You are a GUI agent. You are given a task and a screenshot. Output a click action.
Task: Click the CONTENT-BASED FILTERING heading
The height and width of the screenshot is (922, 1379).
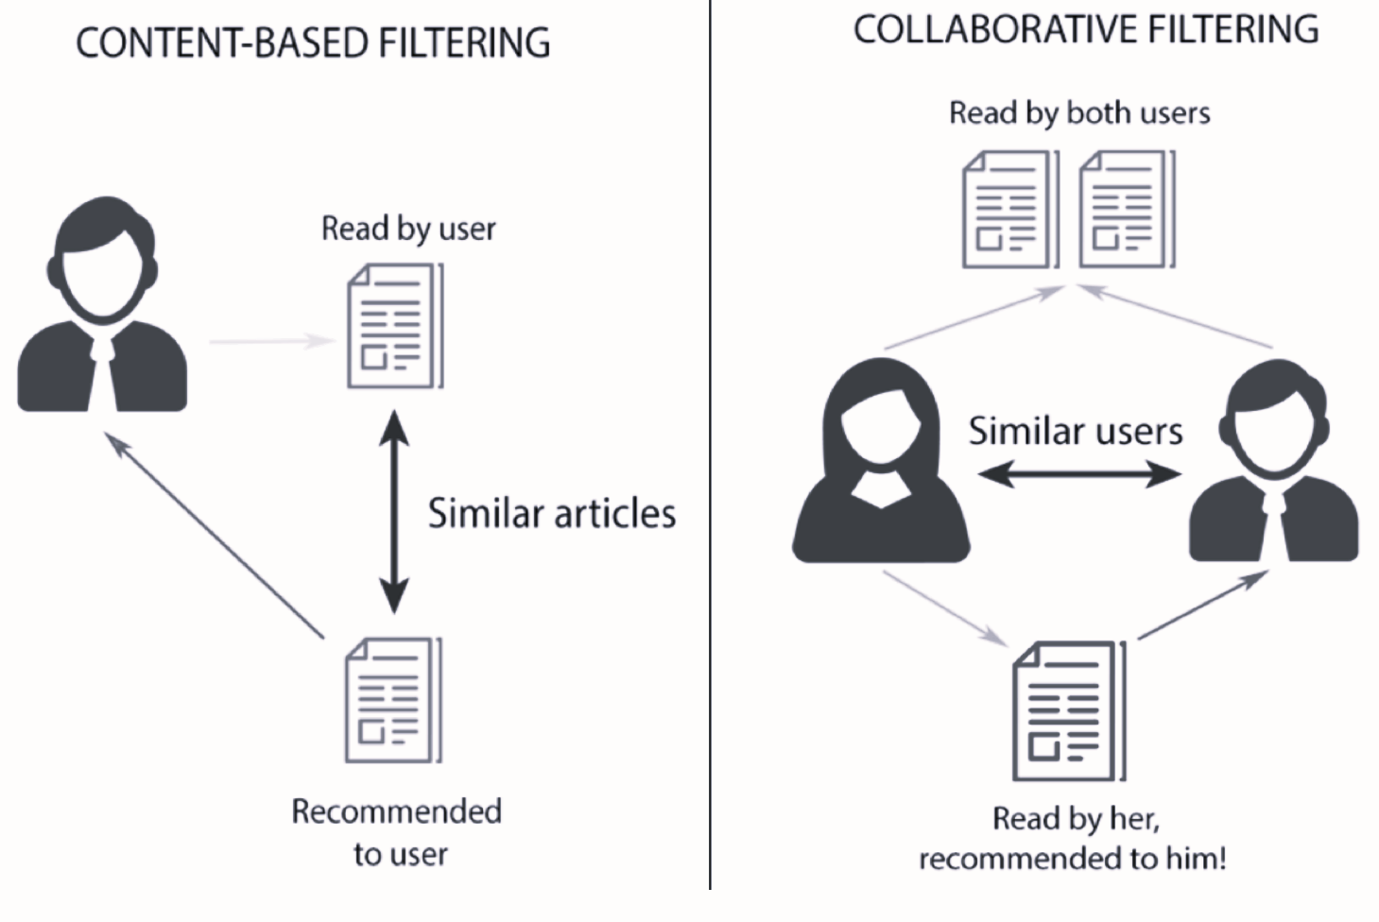click(313, 43)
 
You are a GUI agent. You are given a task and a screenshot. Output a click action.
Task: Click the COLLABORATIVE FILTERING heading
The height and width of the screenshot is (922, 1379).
click(1085, 29)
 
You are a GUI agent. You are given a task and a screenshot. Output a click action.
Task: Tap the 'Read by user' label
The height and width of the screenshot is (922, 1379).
click(408, 229)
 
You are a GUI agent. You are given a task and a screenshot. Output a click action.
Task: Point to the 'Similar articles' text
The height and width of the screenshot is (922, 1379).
click(552, 514)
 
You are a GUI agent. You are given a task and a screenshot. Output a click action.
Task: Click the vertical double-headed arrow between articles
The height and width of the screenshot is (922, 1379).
click(394, 511)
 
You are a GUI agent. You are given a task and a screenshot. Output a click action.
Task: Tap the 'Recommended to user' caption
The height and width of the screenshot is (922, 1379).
click(397, 832)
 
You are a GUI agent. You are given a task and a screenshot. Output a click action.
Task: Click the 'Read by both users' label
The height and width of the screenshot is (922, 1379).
click(1079, 113)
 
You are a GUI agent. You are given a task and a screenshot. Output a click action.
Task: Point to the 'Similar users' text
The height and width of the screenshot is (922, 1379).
click(1076, 432)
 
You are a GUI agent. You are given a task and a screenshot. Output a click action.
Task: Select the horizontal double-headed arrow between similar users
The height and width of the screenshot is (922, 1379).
click(1078, 473)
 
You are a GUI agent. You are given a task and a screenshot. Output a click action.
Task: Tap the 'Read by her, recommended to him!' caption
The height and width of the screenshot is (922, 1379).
click(1074, 838)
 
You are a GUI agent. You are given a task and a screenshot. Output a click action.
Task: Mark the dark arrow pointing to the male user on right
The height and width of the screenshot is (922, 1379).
click(1202, 605)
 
